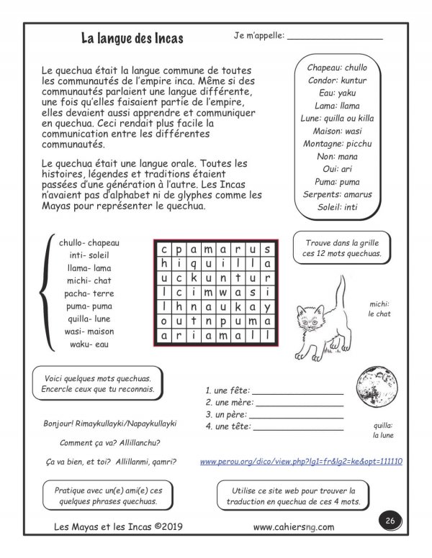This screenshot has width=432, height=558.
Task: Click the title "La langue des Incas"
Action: [132, 37]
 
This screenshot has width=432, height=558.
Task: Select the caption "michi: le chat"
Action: [378, 308]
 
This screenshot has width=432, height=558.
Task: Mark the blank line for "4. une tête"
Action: [297, 429]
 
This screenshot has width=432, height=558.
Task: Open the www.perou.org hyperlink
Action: [300, 461]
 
